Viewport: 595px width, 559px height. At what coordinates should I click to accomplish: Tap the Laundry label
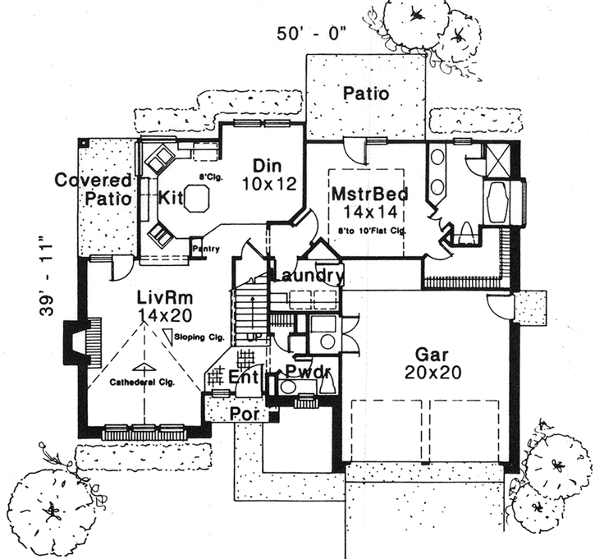[x=304, y=276]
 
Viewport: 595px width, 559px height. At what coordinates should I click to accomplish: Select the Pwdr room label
[x=309, y=374]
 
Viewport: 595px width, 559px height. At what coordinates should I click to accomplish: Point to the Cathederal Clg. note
[x=144, y=382]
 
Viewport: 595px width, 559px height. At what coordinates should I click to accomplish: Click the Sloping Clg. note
[x=196, y=337]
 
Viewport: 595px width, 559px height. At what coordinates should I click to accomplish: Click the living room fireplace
[x=76, y=341]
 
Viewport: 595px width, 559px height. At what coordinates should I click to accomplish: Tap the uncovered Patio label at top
[x=365, y=93]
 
